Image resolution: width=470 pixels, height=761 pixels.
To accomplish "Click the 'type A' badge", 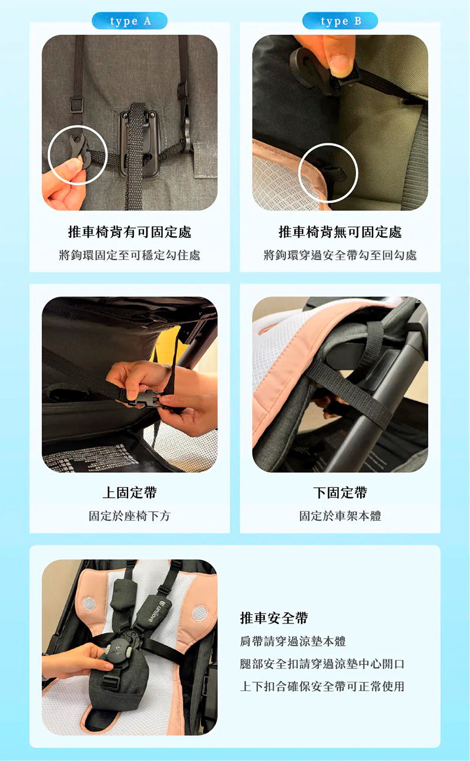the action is pos(129,21).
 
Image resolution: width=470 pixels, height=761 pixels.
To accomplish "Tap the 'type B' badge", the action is pos(340,21).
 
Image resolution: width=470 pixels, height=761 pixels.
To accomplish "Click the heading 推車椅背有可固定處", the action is pos(129,232).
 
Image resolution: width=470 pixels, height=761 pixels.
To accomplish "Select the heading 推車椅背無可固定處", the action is pos(340,232).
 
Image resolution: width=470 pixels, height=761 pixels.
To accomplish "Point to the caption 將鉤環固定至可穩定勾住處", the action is pos(129,255).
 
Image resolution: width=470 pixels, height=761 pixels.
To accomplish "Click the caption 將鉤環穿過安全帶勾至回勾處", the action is pos(340,255).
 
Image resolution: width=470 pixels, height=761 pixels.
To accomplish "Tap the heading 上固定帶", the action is pos(129,492).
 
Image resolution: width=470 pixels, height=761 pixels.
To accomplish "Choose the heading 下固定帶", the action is pos(340,492).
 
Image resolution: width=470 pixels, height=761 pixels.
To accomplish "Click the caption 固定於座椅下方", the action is pos(129,516).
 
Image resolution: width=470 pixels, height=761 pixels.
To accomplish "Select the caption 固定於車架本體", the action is pos(340,516).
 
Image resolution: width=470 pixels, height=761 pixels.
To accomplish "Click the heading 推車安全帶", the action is pos(274,618).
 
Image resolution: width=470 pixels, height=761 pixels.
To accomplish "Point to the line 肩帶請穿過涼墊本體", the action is pos(293,642).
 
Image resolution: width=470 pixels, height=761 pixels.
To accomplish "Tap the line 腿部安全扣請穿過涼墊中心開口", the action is pos(323,664).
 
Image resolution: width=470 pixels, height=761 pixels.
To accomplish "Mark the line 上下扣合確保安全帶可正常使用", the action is pos(323,686).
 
